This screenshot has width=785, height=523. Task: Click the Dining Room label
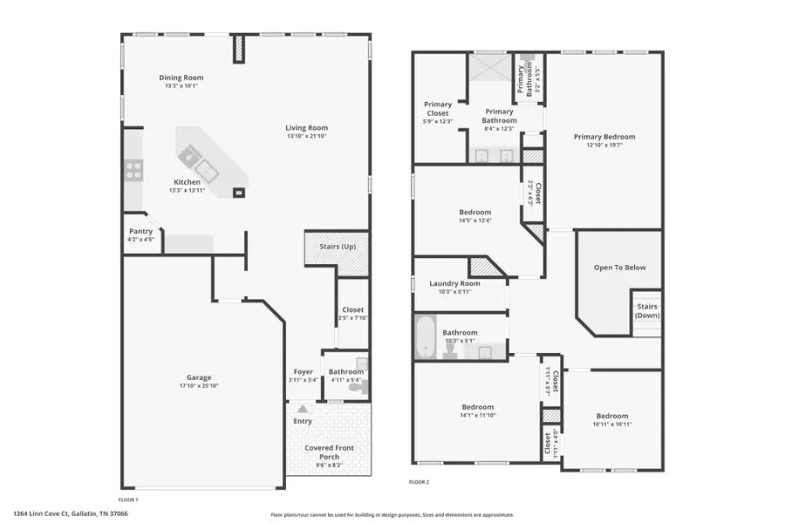point(181,78)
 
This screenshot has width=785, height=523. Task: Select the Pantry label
point(140,231)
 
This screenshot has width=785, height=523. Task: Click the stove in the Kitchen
point(133,170)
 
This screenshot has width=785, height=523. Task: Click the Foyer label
point(303,372)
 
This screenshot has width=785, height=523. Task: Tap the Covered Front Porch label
point(329,452)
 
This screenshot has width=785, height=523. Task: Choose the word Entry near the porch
point(303,421)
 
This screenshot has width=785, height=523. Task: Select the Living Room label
point(307,127)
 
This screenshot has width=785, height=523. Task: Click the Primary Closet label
point(437,109)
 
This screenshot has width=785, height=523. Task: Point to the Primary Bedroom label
point(604,137)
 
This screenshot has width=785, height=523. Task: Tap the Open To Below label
point(619,268)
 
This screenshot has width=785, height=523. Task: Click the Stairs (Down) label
point(646,310)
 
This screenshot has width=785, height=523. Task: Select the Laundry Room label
point(454,283)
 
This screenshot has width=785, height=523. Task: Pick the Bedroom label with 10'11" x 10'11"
point(611,416)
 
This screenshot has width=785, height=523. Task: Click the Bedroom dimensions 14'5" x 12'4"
point(475,221)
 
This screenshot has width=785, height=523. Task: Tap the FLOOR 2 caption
point(419,482)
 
